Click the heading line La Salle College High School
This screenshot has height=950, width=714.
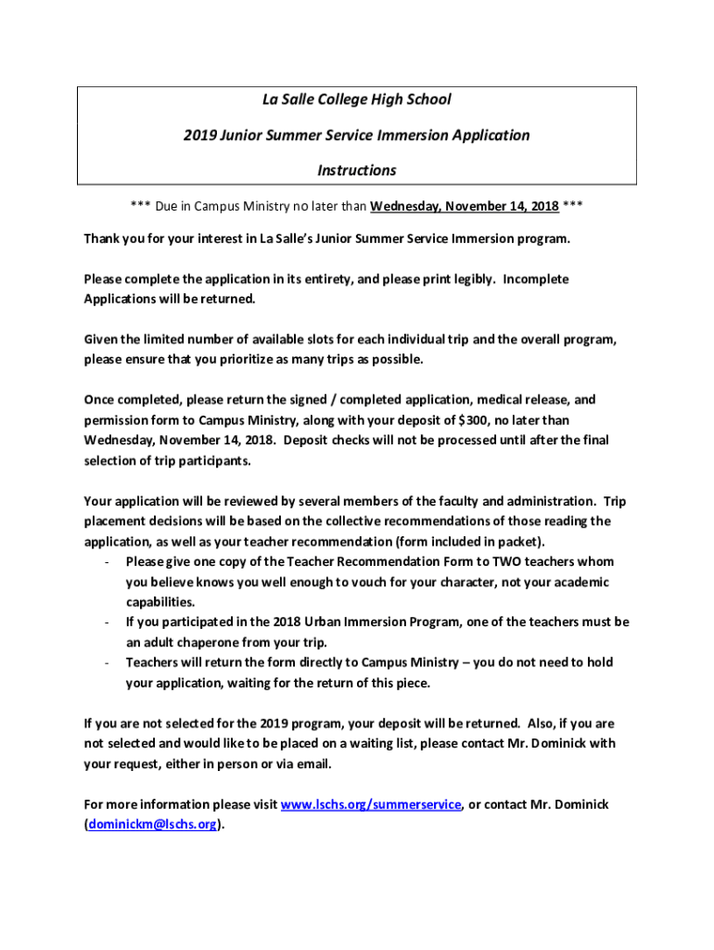pyautogui.click(x=357, y=99)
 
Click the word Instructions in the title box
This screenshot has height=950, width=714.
pyautogui.click(x=357, y=171)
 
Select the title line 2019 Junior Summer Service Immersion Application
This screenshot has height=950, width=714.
pyautogui.click(x=357, y=135)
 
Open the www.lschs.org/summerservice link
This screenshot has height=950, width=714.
pyautogui.click(x=370, y=804)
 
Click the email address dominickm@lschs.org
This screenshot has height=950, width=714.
pyautogui.click(x=153, y=825)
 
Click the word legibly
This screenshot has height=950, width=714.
pyautogui.click(x=465, y=279)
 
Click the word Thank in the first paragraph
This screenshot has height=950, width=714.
pyautogui.click(x=102, y=238)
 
